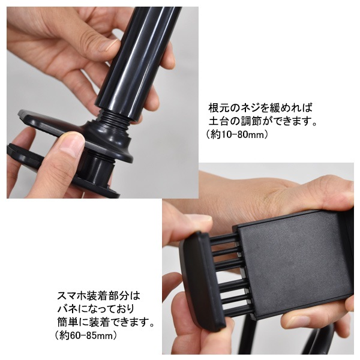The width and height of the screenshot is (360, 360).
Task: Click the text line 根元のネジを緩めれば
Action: pyautogui.click(x=260, y=108)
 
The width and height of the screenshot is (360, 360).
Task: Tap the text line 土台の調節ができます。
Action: pyautogui.click(x=263, y=121)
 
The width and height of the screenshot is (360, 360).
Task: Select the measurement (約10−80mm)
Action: pyautogui.click(x=237, y=134)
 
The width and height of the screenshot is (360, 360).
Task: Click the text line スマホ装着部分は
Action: pyautogui.click(x=98, y=296)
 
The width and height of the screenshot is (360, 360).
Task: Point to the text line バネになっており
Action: pyautogui.click(x=95, y=309)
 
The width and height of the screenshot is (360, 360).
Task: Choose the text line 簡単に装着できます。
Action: pyautogui.click(x=106, y=322)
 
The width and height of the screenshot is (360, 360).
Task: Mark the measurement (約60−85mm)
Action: pyautogui.click(x=86, y=335)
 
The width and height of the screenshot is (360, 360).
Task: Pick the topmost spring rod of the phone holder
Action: pyautogui.click(x=224, y=239)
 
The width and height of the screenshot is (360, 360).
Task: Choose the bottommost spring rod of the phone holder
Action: pyautogui.click(x=239, y=309)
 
